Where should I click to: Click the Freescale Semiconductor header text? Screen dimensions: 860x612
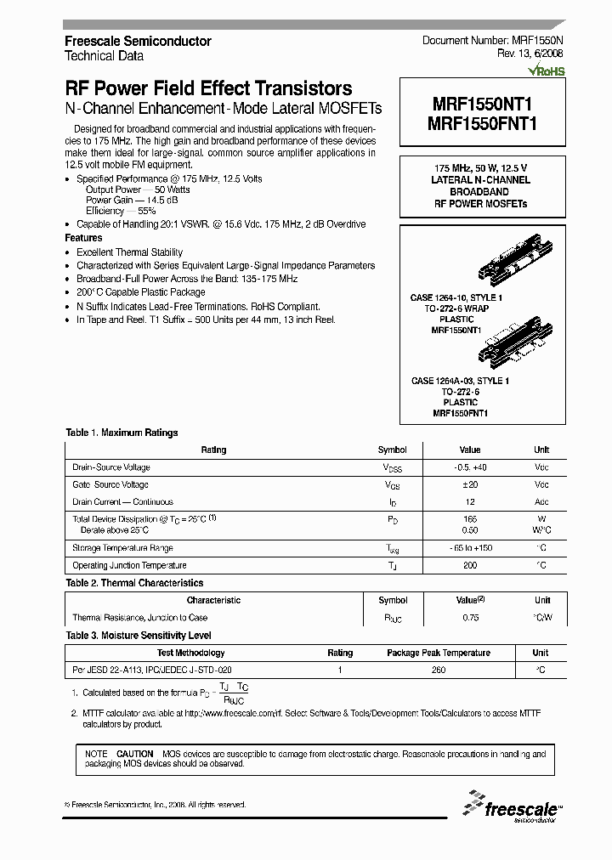138,41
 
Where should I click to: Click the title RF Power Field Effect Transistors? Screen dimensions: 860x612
208,88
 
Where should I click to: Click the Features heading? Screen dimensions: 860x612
83,239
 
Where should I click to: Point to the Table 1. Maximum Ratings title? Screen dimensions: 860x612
122,433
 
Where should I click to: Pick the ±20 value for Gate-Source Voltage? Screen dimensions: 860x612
470,484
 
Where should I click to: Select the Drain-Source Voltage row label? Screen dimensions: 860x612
111,467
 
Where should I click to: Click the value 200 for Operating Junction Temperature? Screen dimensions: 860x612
470,565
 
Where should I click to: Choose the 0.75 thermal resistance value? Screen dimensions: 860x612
470,618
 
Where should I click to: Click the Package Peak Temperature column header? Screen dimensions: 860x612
438,653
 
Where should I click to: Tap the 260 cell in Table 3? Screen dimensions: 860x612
438,670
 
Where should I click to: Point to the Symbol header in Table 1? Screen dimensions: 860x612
392,450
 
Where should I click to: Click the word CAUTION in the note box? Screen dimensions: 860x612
134,754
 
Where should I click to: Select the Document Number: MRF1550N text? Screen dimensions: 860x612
491,41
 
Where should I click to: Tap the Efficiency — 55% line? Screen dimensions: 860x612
120,210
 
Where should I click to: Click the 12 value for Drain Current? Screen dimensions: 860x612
470,501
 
